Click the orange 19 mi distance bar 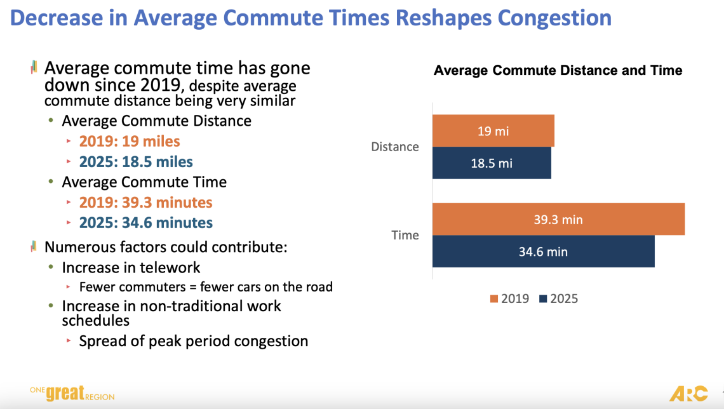[x=493, y=131]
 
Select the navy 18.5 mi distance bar [x=492, y=163]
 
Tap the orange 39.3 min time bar [x=558, y=220]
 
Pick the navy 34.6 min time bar [x=543, y=251]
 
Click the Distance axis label [x=395, y=147]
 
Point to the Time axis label [x=405, y=235]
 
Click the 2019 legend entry [x=509, y=298]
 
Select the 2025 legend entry [x=558, y=298]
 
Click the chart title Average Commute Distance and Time [x=558, y=70]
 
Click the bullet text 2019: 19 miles [x=130, y=142]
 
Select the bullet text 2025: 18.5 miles [x=136, y=162]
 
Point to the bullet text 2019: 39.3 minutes [x=145, y=203]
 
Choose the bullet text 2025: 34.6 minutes [x=145, y=223]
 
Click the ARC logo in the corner [x=688, y=394]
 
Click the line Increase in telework [x=131, y=267]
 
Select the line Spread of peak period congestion [x=193, y=341]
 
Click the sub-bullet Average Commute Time [x=144, y=182]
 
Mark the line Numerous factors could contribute [x=166, y=247]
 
